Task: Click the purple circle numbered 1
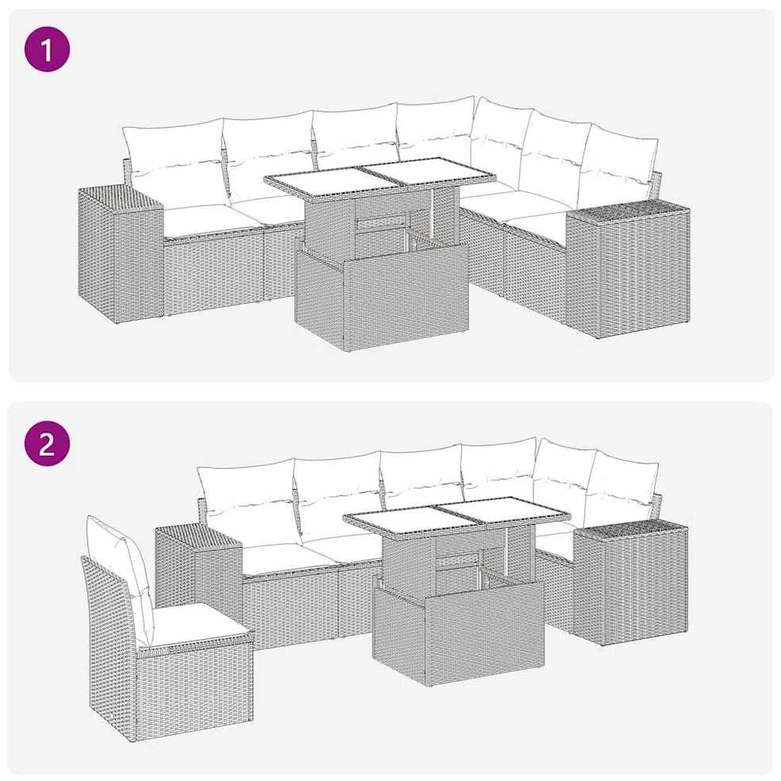(47, 49)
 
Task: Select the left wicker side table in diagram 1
(121, 254)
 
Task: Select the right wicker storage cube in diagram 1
(628, 269)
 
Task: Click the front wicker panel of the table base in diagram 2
(458, 630)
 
